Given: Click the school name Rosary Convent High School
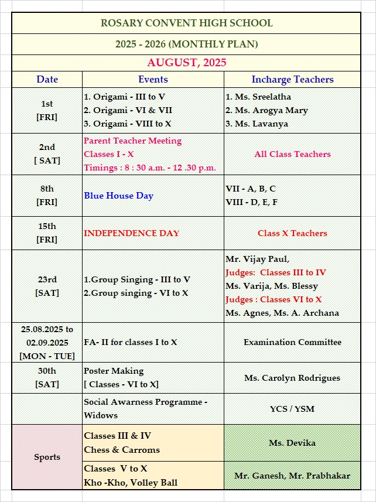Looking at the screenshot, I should pos(186,23).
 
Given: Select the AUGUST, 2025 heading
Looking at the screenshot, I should pos(186,63).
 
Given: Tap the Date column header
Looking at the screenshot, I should pos(47,79).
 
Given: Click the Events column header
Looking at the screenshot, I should pos(153,79).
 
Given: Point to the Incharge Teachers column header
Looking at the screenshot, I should pos(292,79).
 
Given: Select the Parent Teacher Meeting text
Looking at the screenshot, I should pos(132,141).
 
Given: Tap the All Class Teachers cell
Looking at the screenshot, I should pos(292,154).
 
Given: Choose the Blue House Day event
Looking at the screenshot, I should pos(118,196).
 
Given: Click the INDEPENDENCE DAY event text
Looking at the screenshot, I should pos(131,233).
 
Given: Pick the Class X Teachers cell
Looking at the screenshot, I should pos(292,233).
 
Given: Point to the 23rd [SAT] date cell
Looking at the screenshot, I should pos(47,286).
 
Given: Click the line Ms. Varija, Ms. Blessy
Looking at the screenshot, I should pos(272,286).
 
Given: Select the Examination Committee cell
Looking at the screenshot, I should pos(292,342).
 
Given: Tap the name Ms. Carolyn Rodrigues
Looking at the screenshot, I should pos(292,378).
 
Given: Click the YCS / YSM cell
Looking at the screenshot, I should pos(292,408).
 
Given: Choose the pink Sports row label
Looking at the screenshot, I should pos(47,457).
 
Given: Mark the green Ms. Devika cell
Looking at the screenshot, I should pos(292,443).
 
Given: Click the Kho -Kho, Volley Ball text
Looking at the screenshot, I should pos(130,483).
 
